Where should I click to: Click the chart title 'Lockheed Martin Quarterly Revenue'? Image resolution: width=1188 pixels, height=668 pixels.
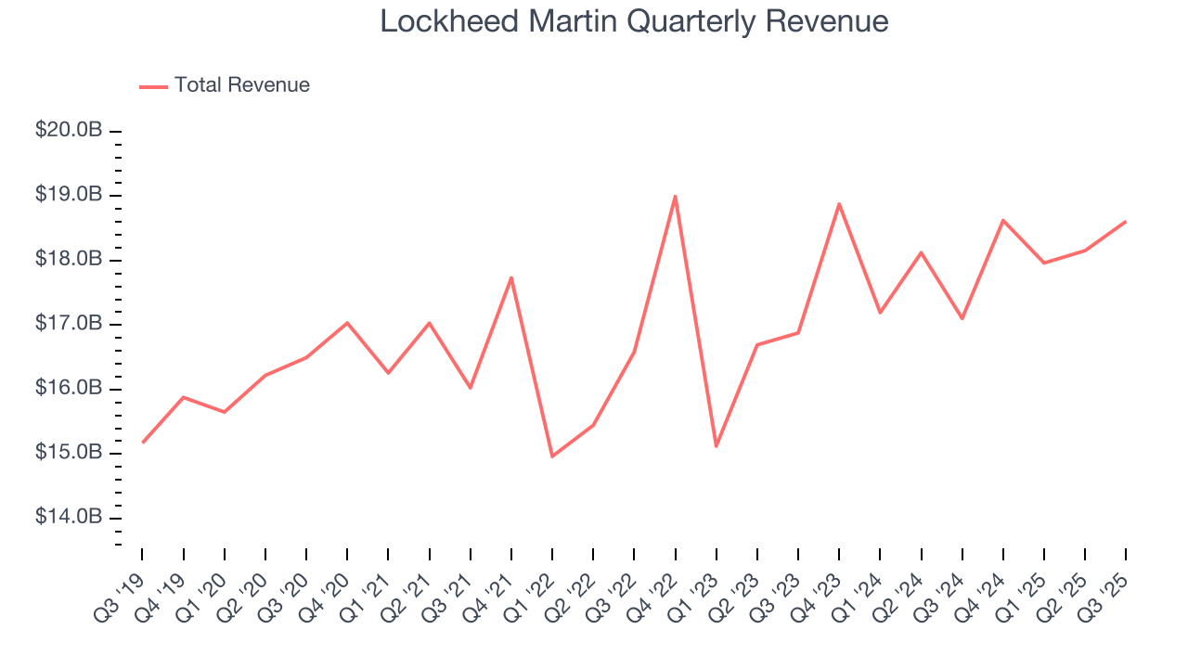[x=634, y=21]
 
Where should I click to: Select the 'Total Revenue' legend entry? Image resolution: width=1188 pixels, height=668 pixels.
[x=241, y=85]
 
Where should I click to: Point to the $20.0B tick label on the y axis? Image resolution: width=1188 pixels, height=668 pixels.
[x=69, y=131]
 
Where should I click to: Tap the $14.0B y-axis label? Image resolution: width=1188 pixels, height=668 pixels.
[x=69, y=517]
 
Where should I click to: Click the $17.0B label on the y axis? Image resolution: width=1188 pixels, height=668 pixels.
[x=69, y=324]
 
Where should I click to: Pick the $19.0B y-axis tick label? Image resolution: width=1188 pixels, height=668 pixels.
[x=69, y=195]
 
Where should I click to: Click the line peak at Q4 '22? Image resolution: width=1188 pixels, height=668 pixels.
[x=675, y=196]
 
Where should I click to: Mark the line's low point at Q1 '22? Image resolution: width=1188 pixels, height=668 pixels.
[x=552, y=456]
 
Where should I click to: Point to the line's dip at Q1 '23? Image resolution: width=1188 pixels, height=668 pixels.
[x=717, y=446]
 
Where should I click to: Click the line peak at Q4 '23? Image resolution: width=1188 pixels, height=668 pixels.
[x=839, y=204]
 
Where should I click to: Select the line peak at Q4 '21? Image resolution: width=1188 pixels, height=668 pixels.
[x=511, y=277]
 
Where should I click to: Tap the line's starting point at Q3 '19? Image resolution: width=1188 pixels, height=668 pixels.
[x=143, y=443]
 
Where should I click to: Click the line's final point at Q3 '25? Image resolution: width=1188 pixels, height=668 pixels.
[x=1126, y=221]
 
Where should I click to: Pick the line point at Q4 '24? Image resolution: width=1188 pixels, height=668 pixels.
[x=1003, y=220]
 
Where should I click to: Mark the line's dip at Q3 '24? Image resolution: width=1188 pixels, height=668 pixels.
[x=962, y=318]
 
